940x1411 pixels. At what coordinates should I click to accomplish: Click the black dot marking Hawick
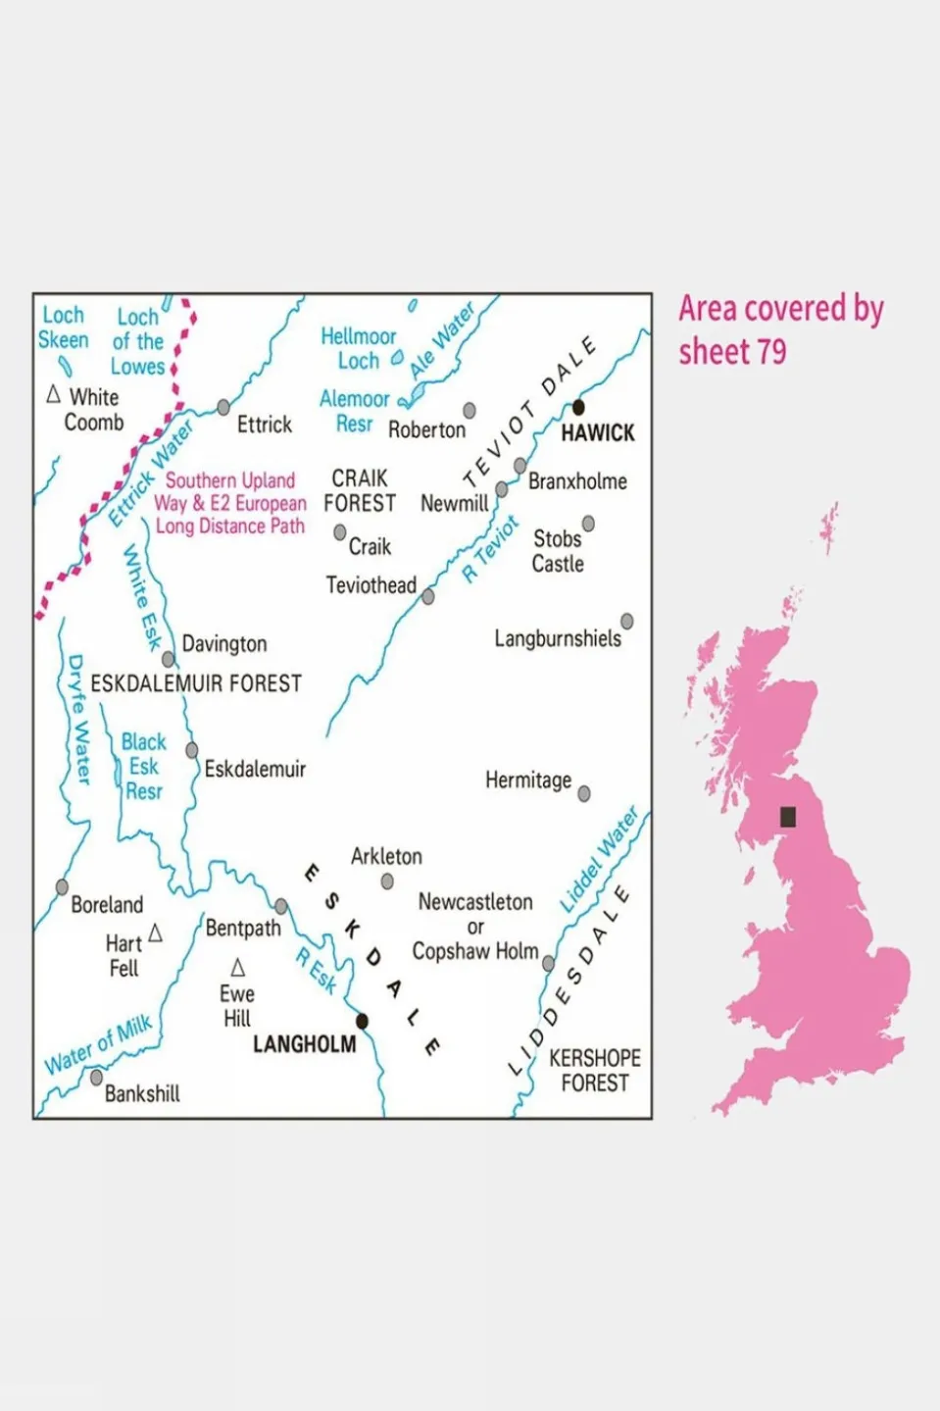coord(578,407)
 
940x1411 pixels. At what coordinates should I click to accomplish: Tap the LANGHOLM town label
coord(304,1044)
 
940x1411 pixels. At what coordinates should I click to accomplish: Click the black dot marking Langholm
coord(362,1022)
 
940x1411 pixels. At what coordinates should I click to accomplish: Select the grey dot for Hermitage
coord(584,794)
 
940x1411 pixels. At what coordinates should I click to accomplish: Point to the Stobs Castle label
coord(558,551)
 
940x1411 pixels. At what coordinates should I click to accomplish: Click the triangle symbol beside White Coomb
coord(54,395)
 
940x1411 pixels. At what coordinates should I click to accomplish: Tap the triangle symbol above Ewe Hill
coord(237,968)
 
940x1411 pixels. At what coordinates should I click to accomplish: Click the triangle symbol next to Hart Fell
coord(155,933)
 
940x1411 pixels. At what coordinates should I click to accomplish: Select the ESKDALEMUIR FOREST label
coord(196,683)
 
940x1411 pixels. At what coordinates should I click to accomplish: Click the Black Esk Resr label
coord(143,767)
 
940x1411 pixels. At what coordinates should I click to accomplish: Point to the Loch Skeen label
coord(63,328)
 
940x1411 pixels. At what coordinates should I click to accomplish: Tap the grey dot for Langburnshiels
coord(626,621)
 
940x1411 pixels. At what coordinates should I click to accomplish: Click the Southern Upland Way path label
coord(230,503)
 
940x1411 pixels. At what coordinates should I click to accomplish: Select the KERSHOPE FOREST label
coord(594,1071)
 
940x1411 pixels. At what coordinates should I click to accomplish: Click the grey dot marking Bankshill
coord(96,1078)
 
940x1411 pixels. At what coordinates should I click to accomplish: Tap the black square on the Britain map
coord(787,817)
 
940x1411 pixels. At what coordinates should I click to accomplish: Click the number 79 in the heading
coord(770,352)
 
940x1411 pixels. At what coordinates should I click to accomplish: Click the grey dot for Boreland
coord(62,887)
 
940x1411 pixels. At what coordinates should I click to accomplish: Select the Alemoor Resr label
coord(354,411)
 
